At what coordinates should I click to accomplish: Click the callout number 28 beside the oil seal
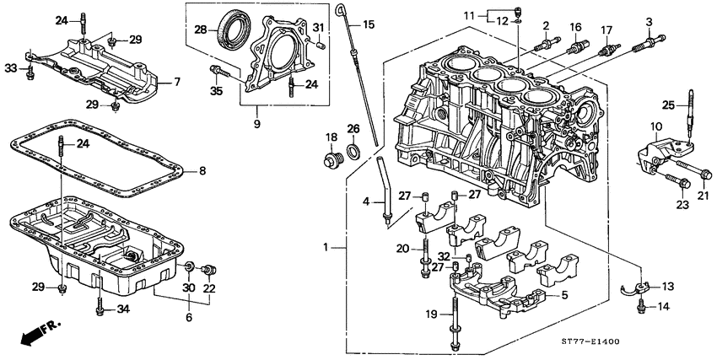[200, 30]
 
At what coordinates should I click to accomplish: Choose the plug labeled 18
[331, 160]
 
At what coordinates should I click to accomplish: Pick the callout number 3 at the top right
[649, 21]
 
